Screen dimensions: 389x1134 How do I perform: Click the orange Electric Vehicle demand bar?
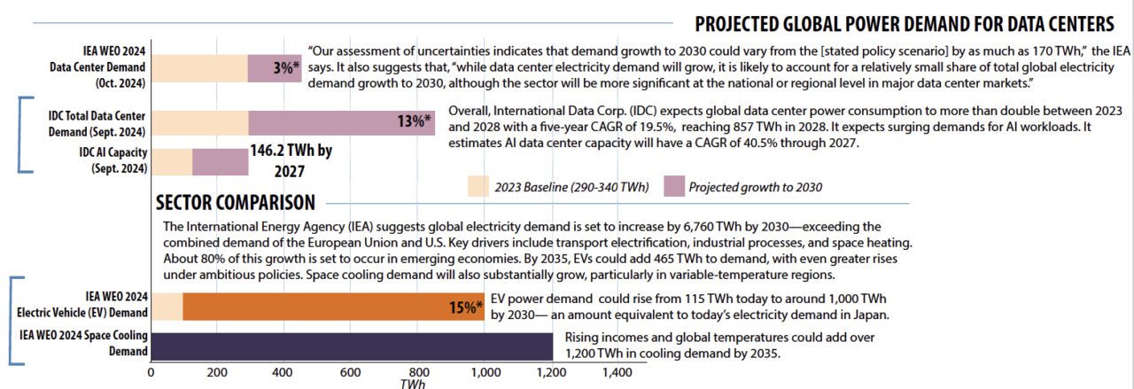click(x=333, y=307)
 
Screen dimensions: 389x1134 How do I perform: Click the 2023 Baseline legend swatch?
click(x=478, y=186)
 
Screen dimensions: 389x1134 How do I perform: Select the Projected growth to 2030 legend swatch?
click(x=674, y=186)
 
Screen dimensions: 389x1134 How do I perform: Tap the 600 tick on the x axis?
click(x=350, y=373)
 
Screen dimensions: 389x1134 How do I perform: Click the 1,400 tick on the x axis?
click(x=617, y=373)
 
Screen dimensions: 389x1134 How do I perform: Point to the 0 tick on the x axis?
click(x=151, y=373)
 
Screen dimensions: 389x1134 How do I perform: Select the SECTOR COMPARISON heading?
click(x=235, y=203)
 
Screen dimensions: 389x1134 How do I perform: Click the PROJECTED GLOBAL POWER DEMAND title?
click(x=904, y=23)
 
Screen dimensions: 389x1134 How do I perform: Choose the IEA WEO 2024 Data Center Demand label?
click(x=112, y=67)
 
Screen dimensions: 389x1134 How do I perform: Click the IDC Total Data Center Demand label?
click(x=97, y=124)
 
